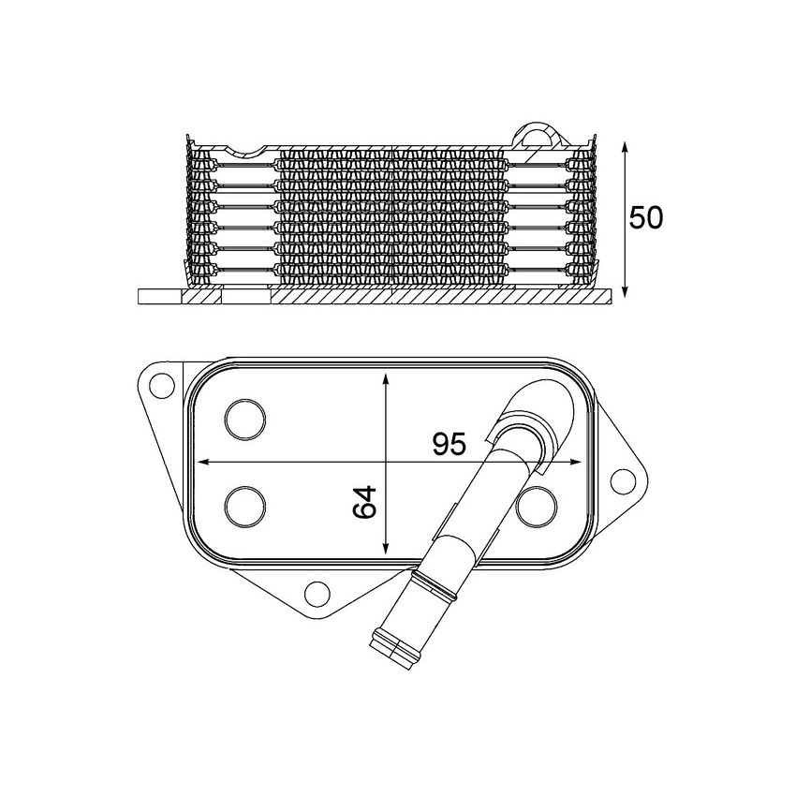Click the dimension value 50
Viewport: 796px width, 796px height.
[646, 218]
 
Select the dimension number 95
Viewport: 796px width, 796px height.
[449, 444]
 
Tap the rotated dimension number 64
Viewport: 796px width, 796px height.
[365, 503]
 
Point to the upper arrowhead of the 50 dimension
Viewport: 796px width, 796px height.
[625, 146]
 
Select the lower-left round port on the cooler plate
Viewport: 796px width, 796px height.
[245, 505]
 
